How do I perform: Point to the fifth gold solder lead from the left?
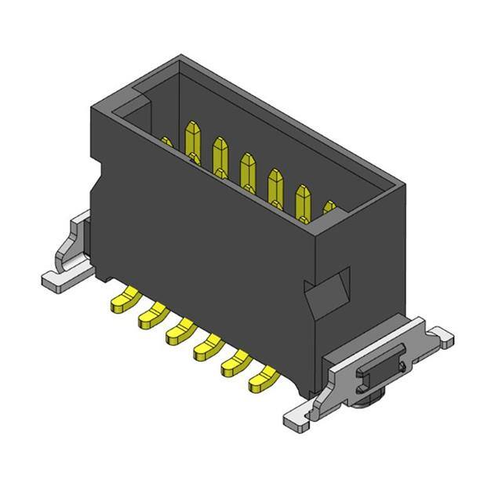pos(233,363)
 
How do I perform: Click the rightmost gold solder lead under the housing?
pos(261,381)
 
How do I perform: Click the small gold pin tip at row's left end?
pos(166,142)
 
